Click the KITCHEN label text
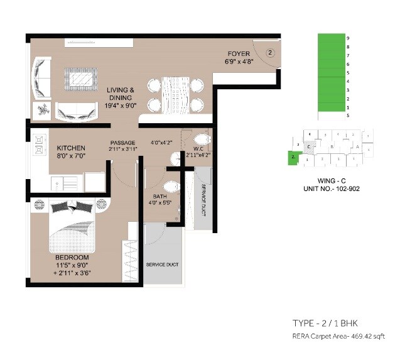[71, 148]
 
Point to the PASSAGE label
[122, 143]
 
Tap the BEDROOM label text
[72, 258]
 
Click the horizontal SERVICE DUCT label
[163, 265]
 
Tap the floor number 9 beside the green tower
[347, 38]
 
